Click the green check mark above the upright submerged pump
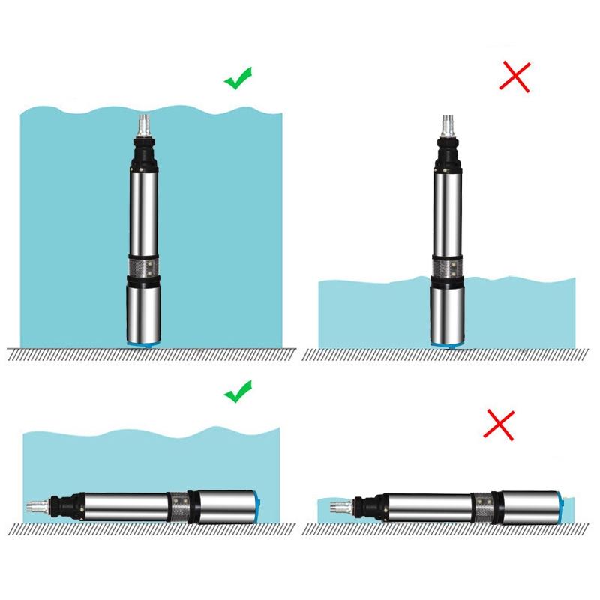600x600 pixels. tap(238, 78)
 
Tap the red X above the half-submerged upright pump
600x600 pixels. tap(514, 76)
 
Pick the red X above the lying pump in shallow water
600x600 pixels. tap(498, 424)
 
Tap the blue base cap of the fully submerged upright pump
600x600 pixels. tap(143, 342)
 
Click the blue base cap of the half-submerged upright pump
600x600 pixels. tap(448, 342)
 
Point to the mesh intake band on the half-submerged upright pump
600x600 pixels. tap(448, 265)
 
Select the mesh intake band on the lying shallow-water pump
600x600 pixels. tap(485, 507)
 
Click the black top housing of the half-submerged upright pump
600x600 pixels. tap(448, 154)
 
